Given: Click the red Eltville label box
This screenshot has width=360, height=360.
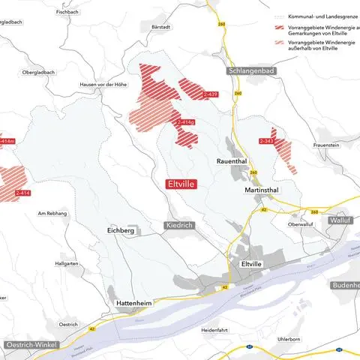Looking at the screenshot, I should [x=180, y=182].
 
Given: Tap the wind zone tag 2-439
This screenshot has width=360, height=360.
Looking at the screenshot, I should [x=210, y=94].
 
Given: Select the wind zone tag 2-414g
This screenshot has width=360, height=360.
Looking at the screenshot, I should [x=185, y=121].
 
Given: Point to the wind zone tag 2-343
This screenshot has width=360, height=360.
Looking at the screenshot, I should [x=266, y=141].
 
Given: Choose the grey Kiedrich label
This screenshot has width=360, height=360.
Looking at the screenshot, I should [x=180, y=225].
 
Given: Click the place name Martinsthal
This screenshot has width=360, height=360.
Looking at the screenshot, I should [x=262, y=190].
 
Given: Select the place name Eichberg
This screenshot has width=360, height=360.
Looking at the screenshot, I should [x=121, y=231].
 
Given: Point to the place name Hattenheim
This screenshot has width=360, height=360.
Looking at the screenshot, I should [x=134, y=302].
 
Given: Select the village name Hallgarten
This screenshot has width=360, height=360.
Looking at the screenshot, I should [x=66, y=263].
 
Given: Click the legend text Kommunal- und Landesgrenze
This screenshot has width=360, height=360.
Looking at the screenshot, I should [x=314, y=16].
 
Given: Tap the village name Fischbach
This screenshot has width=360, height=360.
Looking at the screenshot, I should [x=67, y=12].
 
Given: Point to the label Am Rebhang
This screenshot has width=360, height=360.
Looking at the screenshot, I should [x=53, y=214].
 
